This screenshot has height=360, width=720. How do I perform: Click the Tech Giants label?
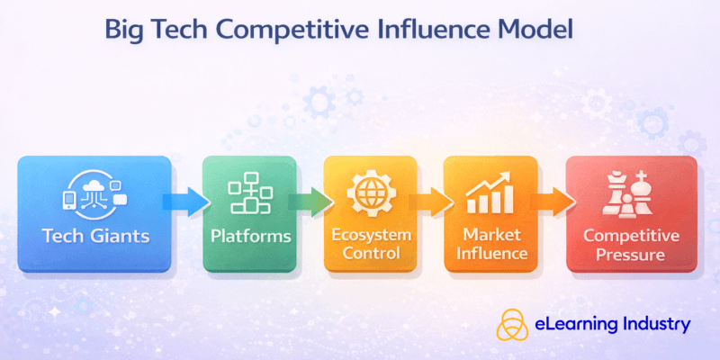(x=94, y=237)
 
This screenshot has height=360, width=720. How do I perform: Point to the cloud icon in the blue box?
(x=94, y=188)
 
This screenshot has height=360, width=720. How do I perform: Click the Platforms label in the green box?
(x=249, y=237)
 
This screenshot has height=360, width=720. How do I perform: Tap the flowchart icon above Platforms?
(x=249, y=195)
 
